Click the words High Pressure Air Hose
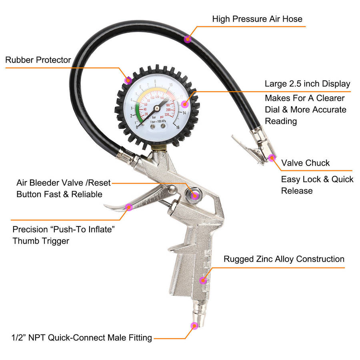(257, 19)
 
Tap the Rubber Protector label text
(38, 60)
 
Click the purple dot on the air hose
(187, 39)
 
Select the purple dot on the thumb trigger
(129, 207)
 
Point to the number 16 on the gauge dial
(178, 127)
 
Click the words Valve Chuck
(306, 163)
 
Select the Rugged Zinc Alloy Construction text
(284, 259)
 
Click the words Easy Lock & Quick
(317, 179)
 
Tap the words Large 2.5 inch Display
(307, 84)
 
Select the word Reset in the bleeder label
(99, 183)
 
